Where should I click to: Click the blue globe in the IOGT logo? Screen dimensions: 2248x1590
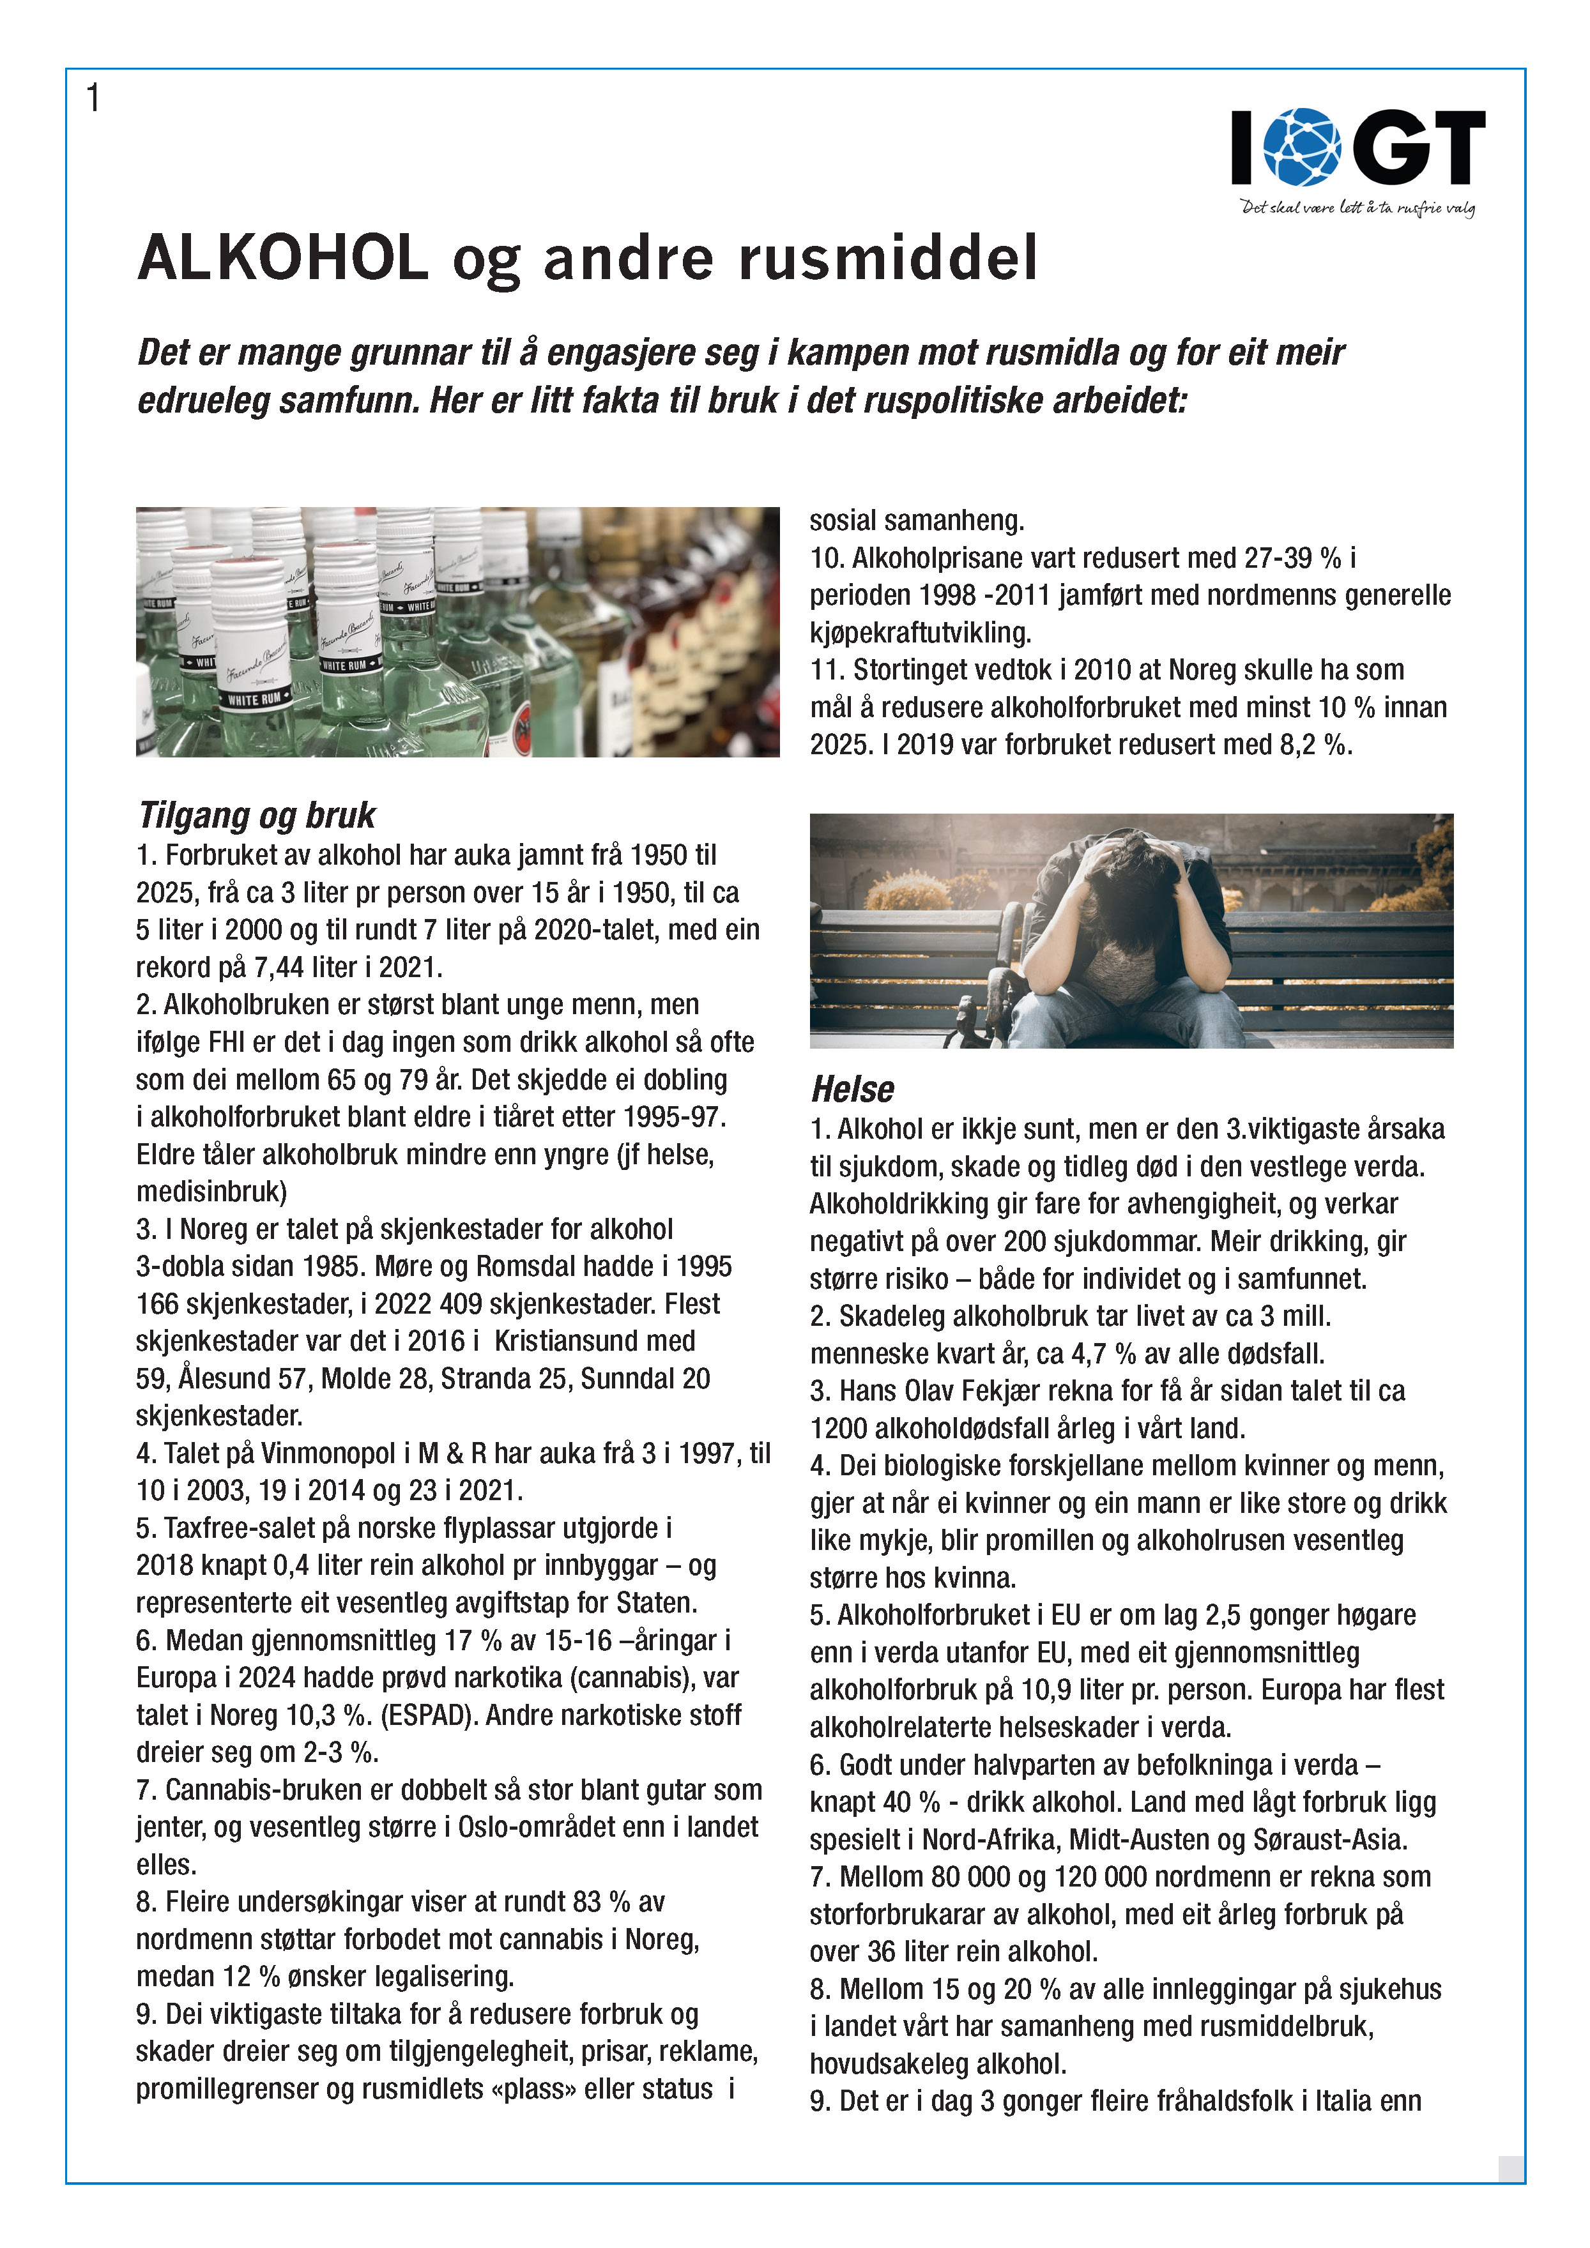1301,147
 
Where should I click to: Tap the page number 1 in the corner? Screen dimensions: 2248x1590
93,98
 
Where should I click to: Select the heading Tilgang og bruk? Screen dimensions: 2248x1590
257,815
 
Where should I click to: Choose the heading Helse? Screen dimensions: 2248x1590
852,1089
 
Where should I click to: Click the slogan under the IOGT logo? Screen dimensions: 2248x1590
1357,208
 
